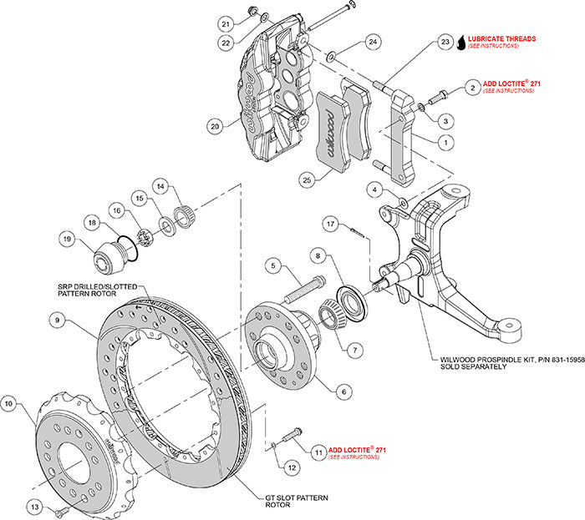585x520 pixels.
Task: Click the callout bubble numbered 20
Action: (x=216, y=127)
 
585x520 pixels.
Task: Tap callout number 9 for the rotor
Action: (x=55, y=318)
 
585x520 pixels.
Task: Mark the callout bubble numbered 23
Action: (x=444, y=42)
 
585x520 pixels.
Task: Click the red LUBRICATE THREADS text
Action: (x=501, y=39)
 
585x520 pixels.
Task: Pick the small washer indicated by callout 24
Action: (x=333, y=57)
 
